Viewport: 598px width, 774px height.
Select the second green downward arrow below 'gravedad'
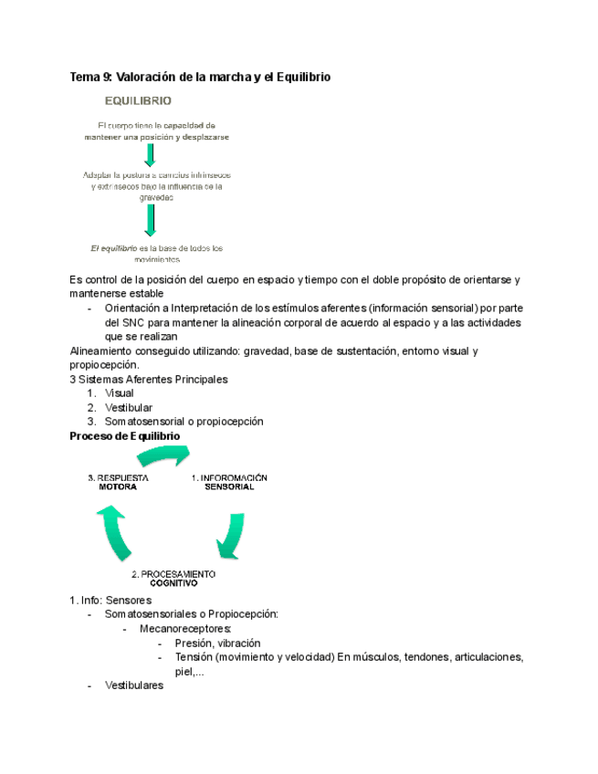click(x=151, y=218)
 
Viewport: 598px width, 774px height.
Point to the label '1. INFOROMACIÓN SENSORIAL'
click(x=229, y=482)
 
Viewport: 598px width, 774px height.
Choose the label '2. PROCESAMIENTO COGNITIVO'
click(x=173, y=578)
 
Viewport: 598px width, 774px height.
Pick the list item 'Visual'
click(x=120, y=393)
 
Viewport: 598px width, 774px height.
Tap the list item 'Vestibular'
click(x=128, y=407)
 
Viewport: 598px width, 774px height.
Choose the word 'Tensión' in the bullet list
click(x=180, y=657)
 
